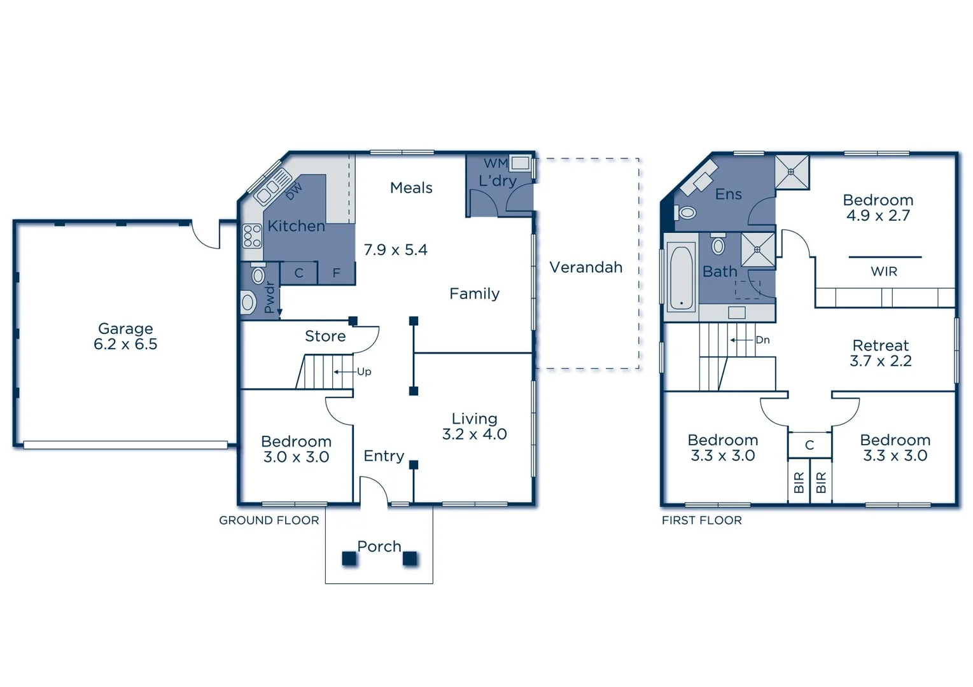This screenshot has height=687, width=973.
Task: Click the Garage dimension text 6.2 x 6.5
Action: (x=125, y=345)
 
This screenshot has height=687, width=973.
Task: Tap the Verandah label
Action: (x=585, y=267)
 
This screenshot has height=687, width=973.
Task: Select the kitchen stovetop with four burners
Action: (x=252, y=236)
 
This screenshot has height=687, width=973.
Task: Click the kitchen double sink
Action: (x=270, y=184)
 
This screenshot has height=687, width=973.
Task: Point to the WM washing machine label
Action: (x=495, y=163)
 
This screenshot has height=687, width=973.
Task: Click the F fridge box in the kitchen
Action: (x=336, y=274)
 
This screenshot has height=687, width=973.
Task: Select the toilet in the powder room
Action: (x=258, y=275)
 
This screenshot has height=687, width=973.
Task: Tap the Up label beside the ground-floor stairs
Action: (x=364, y=371)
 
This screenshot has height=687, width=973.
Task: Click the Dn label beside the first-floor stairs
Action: (x=762, y=340)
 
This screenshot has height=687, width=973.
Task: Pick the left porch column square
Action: (x=349, y=559)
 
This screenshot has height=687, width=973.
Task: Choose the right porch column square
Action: (x=410, y=559)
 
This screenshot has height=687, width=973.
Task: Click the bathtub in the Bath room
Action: (x=681, y=278)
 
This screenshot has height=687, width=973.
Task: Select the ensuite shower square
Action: (x=792, y=172)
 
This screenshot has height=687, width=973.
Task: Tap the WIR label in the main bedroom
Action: (x=884, y=272)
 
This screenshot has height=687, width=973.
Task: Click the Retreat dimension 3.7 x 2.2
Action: (x=881, y=361)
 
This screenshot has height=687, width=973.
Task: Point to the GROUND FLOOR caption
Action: (x=269, y=520)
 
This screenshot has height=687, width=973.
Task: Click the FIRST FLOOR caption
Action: (x=701, y=520)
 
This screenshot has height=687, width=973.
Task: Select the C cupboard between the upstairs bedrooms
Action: (x=809, y=445)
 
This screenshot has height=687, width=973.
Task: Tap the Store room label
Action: (x=325, y=336)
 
